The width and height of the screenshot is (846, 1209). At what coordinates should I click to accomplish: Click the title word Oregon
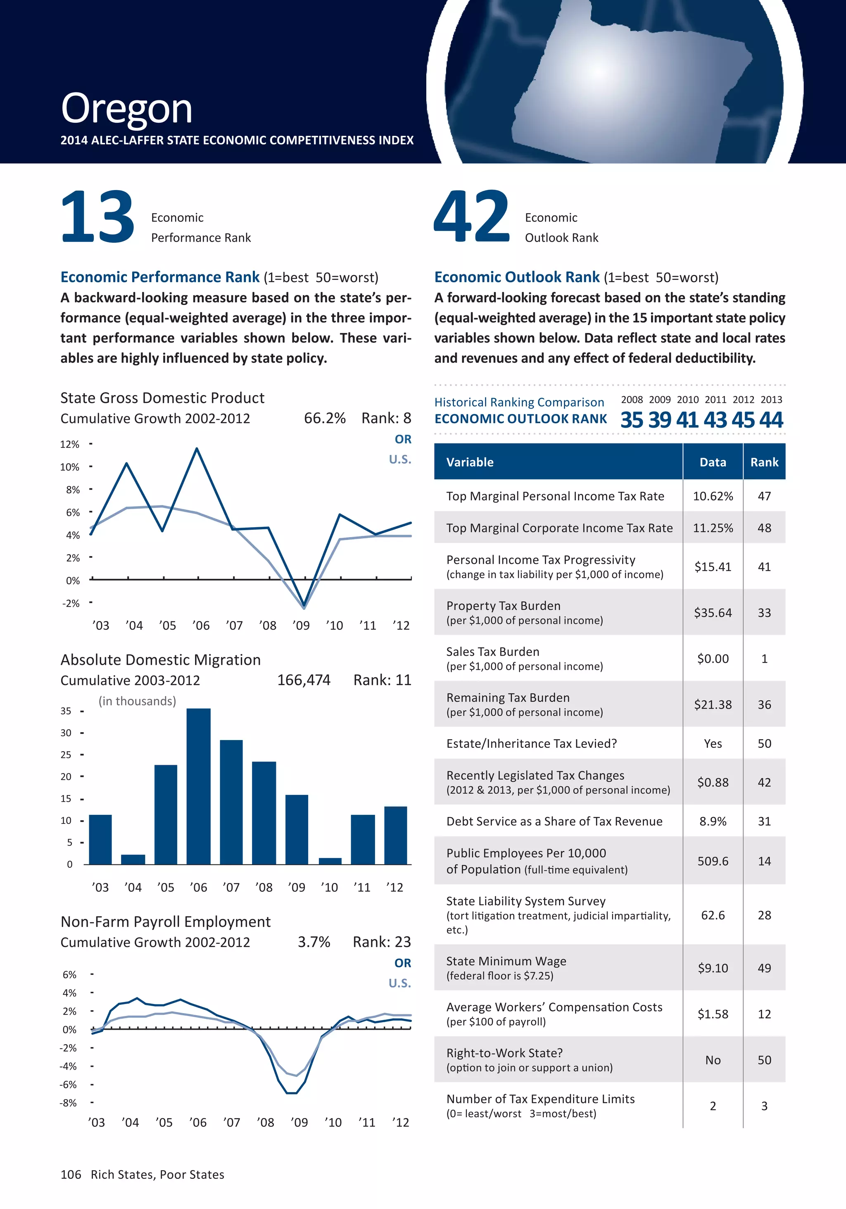[126, 109]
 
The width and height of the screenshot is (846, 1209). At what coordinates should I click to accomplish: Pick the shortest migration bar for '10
[330, 861]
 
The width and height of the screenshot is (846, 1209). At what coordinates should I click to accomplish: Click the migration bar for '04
[133, 859]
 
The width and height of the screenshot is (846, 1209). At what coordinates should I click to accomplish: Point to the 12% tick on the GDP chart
[69, 445]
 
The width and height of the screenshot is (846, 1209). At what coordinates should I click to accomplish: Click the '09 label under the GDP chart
[301, 626]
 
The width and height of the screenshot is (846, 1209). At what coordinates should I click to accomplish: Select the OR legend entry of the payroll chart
[403, 963]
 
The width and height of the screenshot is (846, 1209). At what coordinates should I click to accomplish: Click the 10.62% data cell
[713, 496]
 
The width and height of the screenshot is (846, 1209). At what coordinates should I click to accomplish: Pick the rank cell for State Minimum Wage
[764, 968]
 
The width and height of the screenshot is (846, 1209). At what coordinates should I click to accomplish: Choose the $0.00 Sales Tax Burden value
[713, 659]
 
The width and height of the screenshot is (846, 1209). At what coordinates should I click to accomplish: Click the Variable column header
[470, 462]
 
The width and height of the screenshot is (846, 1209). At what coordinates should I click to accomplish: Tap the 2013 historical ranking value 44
[771, 420]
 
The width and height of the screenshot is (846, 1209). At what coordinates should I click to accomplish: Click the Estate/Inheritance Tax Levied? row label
[532, 743]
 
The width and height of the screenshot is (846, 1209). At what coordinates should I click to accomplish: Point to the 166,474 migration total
[304, 681]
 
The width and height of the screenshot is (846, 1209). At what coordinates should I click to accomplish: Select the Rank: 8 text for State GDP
[386, 418]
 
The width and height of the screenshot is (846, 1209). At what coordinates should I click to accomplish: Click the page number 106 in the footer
[71, 1175]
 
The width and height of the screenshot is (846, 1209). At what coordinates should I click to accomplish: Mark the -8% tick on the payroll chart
[69, 1103]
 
